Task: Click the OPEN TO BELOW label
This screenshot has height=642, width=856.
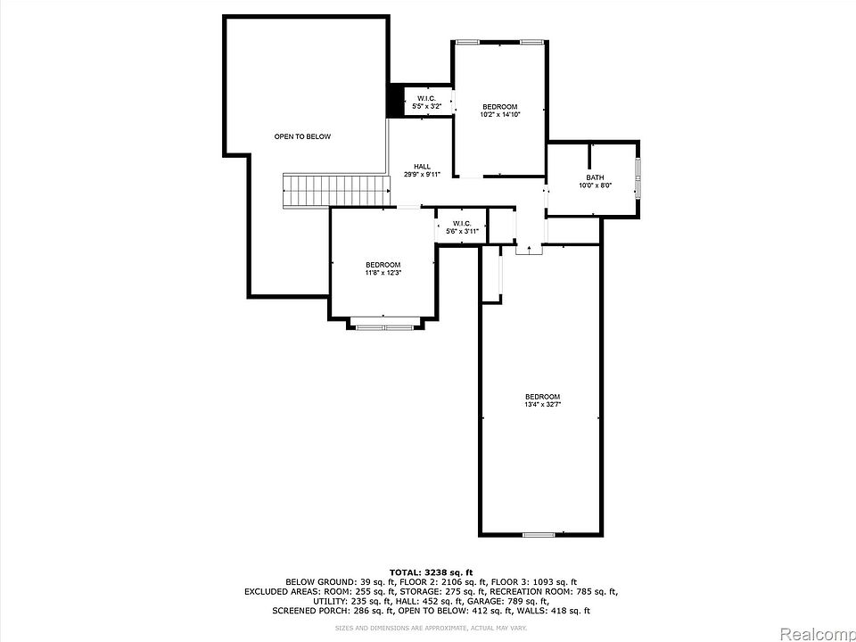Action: [302, 136]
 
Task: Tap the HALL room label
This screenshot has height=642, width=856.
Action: [422, 167]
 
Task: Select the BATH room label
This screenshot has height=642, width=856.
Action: [594, 177]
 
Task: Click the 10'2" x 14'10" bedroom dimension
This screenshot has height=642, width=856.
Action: [499, 114]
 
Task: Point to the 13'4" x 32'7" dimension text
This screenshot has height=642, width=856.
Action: [542, 405]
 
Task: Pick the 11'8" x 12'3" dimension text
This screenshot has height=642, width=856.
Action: [383, 273]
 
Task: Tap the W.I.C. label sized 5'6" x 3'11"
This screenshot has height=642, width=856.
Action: [461, 224]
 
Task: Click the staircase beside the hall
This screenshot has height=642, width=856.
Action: [337, 190]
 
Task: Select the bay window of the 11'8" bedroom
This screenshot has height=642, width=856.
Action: [383, 326]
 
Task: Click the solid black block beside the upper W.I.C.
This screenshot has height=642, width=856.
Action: [394, 101]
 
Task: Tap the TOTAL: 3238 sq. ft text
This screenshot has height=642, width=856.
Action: [430, 571]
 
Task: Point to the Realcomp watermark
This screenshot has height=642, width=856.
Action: [818, 634]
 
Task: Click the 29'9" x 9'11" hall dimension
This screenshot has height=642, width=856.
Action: [422, 175]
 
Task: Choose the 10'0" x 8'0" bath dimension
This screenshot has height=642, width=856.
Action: [594, 185]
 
